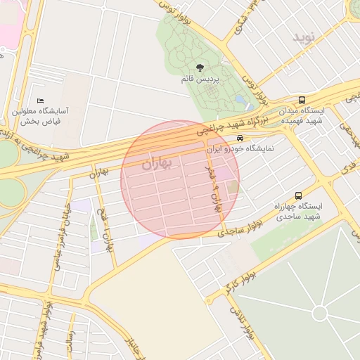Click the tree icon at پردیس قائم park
(200, 68)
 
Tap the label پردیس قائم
(200, 80)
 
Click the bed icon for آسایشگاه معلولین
(40, 101)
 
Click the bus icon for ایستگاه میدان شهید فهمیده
(302, 101)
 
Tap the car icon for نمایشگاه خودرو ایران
(240, 139)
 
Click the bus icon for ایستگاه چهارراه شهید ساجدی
(299, 195)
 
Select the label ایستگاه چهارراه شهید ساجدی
(300, 211)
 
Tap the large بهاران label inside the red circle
(156, 165)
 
